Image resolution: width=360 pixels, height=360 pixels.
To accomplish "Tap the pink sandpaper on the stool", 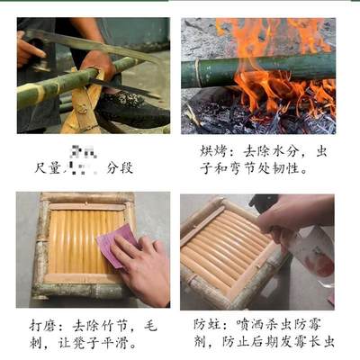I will coord(116,244).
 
